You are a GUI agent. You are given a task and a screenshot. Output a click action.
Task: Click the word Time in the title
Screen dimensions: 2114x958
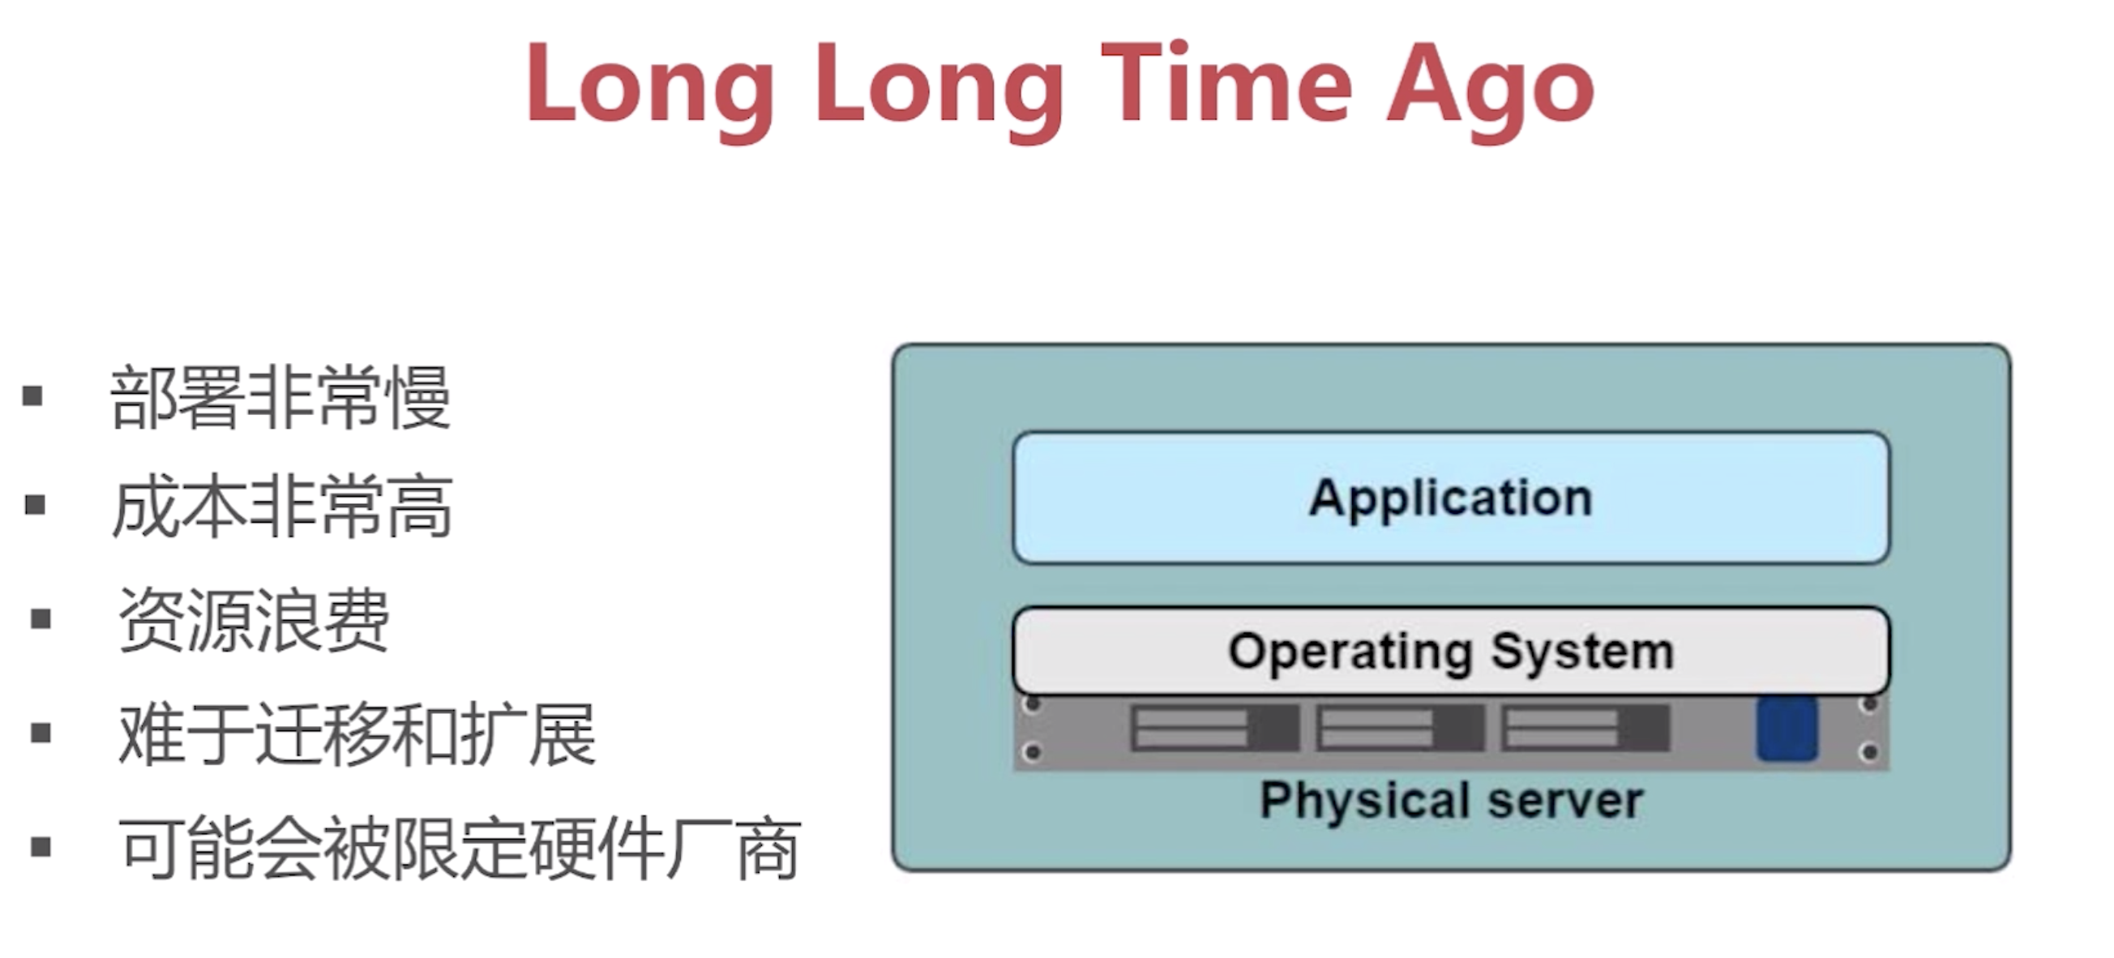pyautogui.click(x=1227, y=82)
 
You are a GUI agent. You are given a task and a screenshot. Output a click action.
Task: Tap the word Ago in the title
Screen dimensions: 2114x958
pyautogui.click(x=1491, y=91)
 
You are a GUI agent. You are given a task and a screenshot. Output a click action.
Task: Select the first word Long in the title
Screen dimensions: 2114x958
pyautogui.click(x=651, y=91)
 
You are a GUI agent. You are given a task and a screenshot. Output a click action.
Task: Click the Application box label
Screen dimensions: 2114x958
pyautogui.click(x=1451, y=498)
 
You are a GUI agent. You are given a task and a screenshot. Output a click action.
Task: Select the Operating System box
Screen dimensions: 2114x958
pyautogui.click(x=1451, y=651)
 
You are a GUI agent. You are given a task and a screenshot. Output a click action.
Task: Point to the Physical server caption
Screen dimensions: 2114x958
pyautogui.click(x=1451, y=800)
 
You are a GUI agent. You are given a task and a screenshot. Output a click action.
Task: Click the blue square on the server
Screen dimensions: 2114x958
pyautogui.click(x=1787, y=729)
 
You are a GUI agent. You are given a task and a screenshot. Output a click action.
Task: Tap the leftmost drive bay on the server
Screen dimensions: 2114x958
pyautogui.click(x=1214, y=728)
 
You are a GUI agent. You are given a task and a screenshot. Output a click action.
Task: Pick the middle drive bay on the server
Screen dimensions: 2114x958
pyautogui.click(x=1400, y=728)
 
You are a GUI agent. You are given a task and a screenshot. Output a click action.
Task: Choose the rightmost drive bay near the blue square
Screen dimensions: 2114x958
pyautogui.click(x=1585, y=728)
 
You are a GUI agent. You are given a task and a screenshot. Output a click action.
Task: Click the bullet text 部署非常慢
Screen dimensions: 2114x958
pyautogui.click(x=280, y=398)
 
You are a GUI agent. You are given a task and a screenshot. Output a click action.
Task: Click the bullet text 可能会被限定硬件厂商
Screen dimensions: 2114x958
pyautogui.click(x=460, y=848)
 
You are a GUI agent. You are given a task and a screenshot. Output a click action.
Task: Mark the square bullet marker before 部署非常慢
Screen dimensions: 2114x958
pyautogui.click(x=32, y=396)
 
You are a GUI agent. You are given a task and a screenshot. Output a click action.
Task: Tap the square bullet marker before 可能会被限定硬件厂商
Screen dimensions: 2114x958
pyautogui.click(x=41, y=846)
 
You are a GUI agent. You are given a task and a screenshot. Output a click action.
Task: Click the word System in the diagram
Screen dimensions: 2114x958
pyautogui.click(x=1582, y=653)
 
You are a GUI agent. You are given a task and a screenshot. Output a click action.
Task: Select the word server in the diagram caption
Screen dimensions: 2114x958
pyautogui.click(x=1566, y=802)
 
